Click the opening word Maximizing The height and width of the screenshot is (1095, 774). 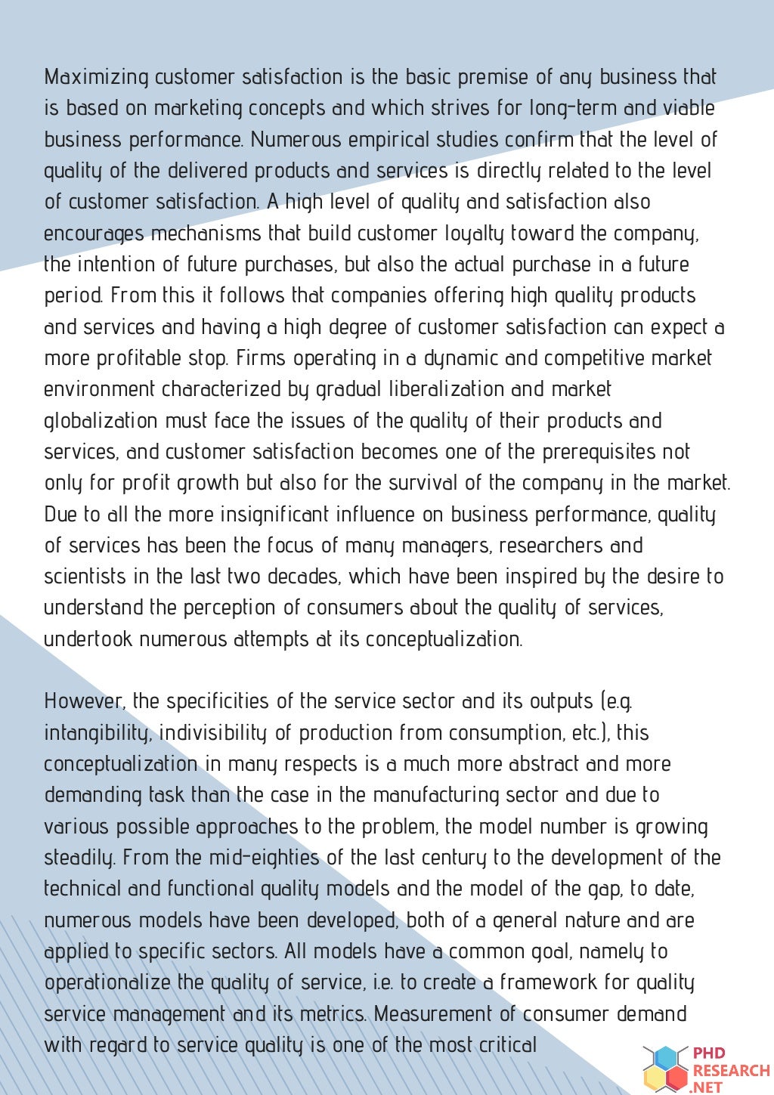(x=97, y=77)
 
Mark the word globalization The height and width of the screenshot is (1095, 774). (x=101, y=421)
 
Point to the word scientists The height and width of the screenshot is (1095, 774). (x=85, y=577)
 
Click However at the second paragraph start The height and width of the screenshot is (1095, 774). (x=83, y=701)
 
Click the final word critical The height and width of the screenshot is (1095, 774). (x=507, y=1045)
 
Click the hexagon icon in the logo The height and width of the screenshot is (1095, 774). (x=666, y=1068)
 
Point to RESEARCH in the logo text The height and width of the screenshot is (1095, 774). (x=731, y=1070)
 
